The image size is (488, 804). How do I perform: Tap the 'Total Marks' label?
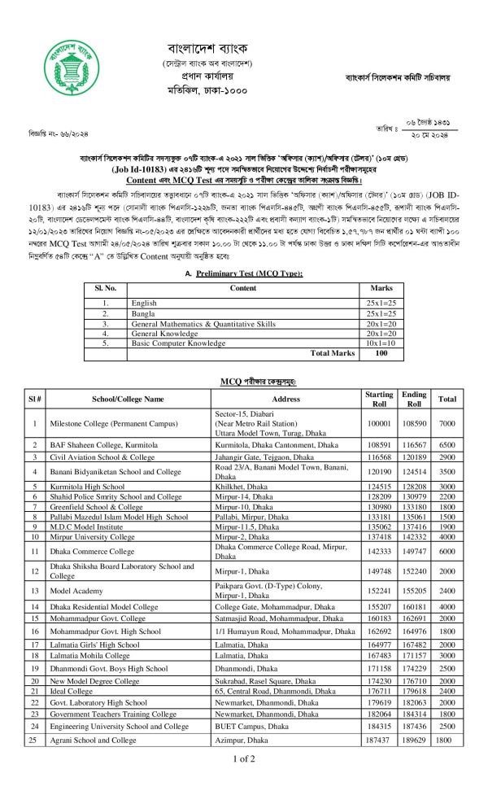pos(333,354)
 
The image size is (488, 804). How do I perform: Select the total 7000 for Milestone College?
pos(447,424)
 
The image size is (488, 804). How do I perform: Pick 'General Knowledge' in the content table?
pos(163,334)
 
